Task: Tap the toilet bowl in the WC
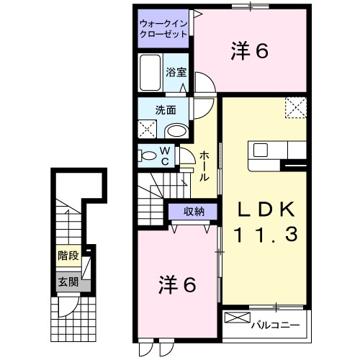[x=148, y=156]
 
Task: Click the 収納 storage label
[x=193, y=212]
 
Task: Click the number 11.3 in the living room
[x=266, y=234]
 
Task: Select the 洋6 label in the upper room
[x=250, y=51]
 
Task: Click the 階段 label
[x=68, y=256]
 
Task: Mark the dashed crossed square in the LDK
[x=295, y=107]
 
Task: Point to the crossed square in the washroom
[x=148, y=130]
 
